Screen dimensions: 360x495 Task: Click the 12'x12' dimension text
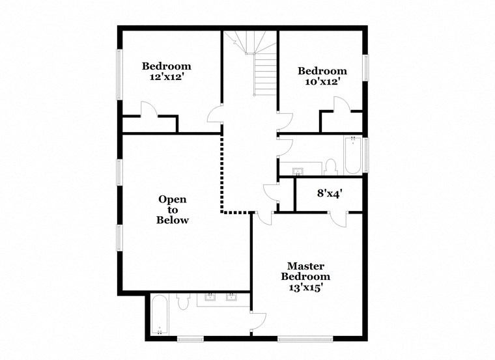166,77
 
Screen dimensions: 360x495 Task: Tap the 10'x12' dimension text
322,82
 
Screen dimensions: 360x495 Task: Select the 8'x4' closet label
330,193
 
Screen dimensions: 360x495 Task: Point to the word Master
306,266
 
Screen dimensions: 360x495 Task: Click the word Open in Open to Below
173,199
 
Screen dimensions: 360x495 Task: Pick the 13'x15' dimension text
306,286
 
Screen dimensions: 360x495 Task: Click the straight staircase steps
266,75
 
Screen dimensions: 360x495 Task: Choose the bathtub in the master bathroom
160,314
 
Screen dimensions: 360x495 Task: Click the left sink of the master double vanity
210,298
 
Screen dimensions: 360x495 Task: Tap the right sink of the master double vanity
231,298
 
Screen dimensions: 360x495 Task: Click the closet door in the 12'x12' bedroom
148,109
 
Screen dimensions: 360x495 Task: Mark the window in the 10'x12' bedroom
366,75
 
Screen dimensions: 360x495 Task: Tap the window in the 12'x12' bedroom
119,75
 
